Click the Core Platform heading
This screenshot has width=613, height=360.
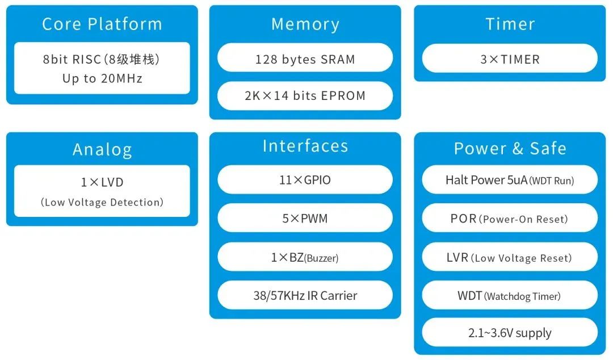coord(102,24)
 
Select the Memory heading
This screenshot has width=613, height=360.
coord(305,24)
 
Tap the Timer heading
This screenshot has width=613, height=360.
coord(510,24)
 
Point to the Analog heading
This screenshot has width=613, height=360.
coord(102,149)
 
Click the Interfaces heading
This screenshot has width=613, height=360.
coord(305,146)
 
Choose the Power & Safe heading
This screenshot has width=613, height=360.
coord(510,148)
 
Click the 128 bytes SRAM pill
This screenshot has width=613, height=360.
coord(305,58)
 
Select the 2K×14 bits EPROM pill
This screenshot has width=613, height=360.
coord(305,95)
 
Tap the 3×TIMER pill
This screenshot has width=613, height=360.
coord(510,58)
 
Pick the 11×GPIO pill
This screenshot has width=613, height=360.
coord(305,180)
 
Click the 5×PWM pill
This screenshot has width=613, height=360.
coord(305,218)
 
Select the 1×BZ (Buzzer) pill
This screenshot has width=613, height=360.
coord(305,257)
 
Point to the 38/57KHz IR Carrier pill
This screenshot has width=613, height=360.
coord(305,295)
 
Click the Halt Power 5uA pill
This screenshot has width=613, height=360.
coord(510,181)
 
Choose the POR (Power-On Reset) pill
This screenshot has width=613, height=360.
coord(510,219)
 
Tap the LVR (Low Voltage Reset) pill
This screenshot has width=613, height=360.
coord(510,258)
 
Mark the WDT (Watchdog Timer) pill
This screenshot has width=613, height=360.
coord(510,296)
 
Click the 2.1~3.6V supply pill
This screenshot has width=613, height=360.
coord(510,333)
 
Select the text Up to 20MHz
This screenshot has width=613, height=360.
coord(102,78)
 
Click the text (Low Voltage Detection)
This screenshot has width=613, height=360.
coord(102,202)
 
